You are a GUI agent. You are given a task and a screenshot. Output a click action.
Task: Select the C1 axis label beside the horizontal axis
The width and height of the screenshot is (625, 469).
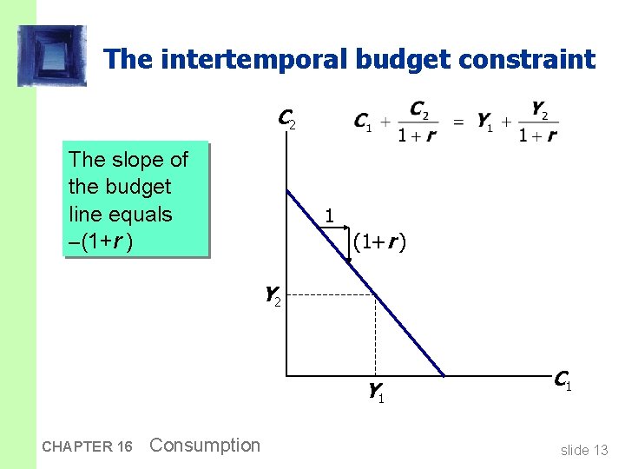pyautogui.click(x=562, y=380)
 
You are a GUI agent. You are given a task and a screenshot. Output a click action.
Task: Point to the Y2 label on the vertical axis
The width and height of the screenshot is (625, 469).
pyautogui.click(x=273, y=296)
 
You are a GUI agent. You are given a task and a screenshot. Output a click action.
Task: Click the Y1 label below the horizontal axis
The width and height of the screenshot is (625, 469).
pyautogui.click(x=376, y=393)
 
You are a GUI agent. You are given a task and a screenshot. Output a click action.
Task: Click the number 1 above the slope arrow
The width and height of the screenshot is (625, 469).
pyautogui.click(x=328, y=215)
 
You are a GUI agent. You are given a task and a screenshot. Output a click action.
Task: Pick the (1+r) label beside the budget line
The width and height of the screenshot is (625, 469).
pyautogui.click(x=380, y=243)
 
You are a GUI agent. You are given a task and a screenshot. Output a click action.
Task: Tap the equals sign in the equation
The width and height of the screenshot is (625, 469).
pyautogui.click(x=457, y=122)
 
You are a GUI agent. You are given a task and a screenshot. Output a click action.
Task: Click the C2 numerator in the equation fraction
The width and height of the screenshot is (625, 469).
pyautogui.click(x=418, y=109)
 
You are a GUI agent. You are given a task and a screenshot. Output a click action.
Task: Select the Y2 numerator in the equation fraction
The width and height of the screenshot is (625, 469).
pyautogui.click(x=538, y=109)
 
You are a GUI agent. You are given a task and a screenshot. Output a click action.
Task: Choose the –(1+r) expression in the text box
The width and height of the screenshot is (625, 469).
pyautogui.click(x=101, y=241)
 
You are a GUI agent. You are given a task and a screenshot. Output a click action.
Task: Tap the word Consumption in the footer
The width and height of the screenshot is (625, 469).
pyautogui.click(x=205, y=446)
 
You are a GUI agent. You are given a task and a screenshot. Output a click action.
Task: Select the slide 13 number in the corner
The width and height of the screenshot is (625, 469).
pyautogui.click(x=584, y=449)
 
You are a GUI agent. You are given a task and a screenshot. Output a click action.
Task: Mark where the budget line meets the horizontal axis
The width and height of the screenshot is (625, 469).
pyautogui.click(x=444, y=375)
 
